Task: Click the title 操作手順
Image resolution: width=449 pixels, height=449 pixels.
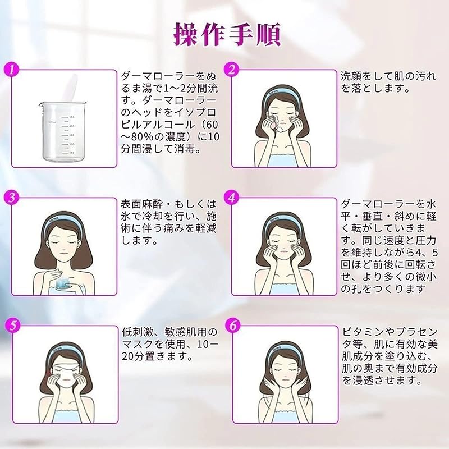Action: [227, 35]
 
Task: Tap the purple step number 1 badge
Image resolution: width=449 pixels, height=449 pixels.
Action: [11, 70]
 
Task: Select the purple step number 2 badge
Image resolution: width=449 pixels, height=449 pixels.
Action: [231, 70]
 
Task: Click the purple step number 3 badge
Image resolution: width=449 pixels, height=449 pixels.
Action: [11, 198]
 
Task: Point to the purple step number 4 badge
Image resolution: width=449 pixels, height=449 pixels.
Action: [231, 198]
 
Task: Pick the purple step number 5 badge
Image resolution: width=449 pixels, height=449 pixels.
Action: [11, 326]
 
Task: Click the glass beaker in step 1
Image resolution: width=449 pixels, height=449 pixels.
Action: [61, 131]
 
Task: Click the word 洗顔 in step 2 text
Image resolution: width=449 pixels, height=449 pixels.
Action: [352, 76]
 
